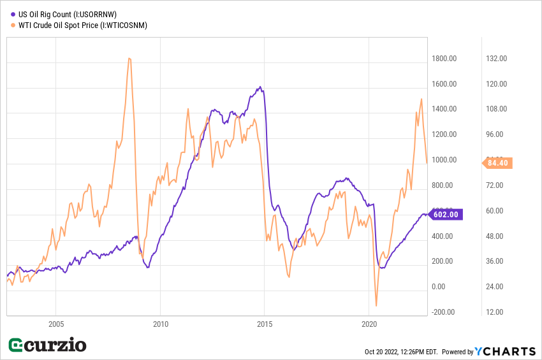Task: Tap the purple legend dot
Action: click(x=13, y=13)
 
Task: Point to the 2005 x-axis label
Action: click(x=56, y=323)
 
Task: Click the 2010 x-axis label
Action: click(x=160, y=323)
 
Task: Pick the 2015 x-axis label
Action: click(x=265, y=323)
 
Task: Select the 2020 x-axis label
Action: click(x=369, y=323)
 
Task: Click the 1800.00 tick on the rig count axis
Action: click(x=444, y=59)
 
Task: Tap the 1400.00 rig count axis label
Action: click(x=444, y=109)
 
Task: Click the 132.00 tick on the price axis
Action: click(x=497, y=59)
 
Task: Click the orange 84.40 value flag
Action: click(x=497, y=163)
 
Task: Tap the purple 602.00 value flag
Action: click(x=446, y=215)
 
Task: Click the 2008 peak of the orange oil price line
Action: click(x=129, y=59)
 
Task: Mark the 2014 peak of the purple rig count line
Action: click(x=260, y=87)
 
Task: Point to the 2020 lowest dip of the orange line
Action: click(x=377, y=306)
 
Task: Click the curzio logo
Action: click(x=47, y=345)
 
